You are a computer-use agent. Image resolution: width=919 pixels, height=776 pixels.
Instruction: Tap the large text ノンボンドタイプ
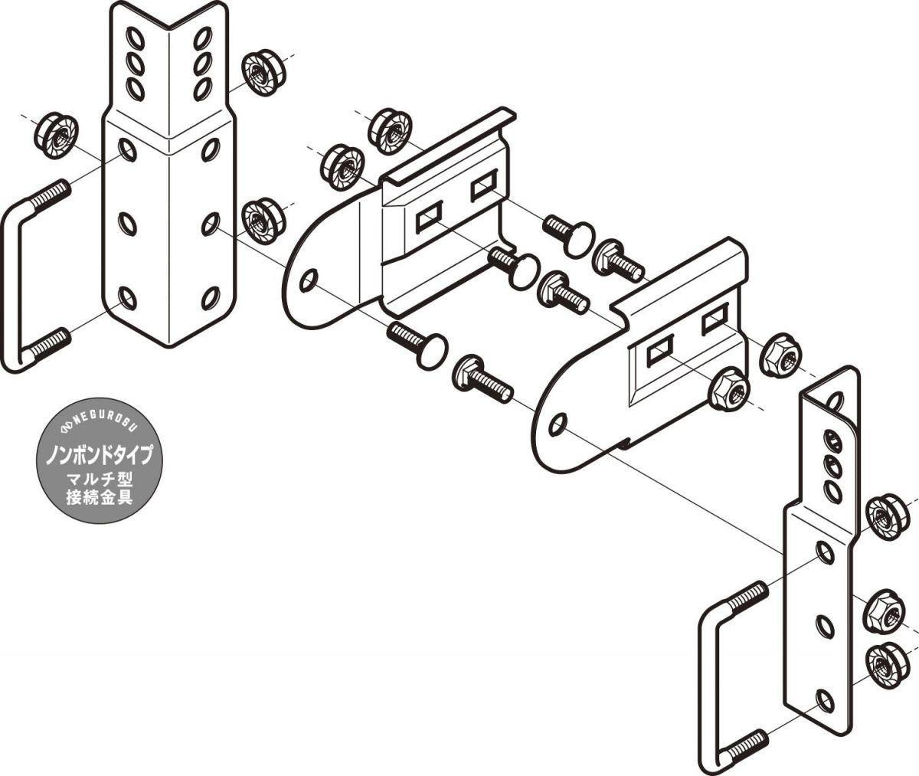100,454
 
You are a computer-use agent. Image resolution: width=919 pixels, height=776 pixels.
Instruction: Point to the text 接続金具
100,497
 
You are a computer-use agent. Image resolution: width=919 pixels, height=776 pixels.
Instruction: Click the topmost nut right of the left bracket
263,74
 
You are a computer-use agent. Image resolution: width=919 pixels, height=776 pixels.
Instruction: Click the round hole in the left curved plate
309,280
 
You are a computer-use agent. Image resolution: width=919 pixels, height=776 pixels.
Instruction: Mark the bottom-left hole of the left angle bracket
127,299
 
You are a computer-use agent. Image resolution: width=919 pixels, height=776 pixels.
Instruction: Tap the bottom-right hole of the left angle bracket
211,298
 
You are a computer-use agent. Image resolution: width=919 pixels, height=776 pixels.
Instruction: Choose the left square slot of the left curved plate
429,217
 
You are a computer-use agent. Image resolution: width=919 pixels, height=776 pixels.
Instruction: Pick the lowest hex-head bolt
482,380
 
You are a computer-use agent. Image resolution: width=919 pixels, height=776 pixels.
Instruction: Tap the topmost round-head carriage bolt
570,235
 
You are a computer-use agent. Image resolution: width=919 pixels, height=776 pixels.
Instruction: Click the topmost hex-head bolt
618,261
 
